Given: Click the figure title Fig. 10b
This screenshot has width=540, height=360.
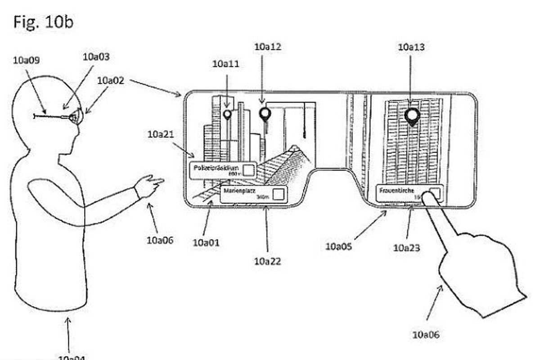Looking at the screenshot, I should point(43,22).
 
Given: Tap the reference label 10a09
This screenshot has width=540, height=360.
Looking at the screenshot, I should point(27,60).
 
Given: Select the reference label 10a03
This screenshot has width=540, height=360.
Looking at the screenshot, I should point(96,57).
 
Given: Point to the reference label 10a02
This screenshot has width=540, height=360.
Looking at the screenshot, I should point(111,81).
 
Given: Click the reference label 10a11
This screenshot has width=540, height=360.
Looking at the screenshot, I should point(225,64).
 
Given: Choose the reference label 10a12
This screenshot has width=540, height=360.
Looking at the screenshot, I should point(268,46).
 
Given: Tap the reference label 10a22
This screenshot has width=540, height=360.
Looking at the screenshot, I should point(267,261).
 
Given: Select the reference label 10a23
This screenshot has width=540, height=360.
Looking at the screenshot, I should point(407,247).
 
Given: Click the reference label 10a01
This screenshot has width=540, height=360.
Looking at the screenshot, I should point(206,243).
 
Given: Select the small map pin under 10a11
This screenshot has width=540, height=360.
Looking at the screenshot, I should point(227,114).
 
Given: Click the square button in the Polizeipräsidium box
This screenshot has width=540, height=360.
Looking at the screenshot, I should point(249,170).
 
